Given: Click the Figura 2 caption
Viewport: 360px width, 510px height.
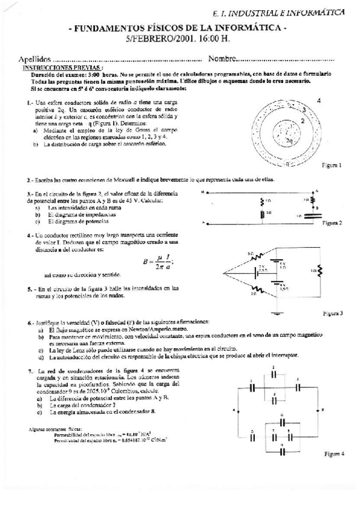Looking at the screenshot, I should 332,223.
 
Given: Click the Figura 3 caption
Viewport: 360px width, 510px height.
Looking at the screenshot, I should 332,313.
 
